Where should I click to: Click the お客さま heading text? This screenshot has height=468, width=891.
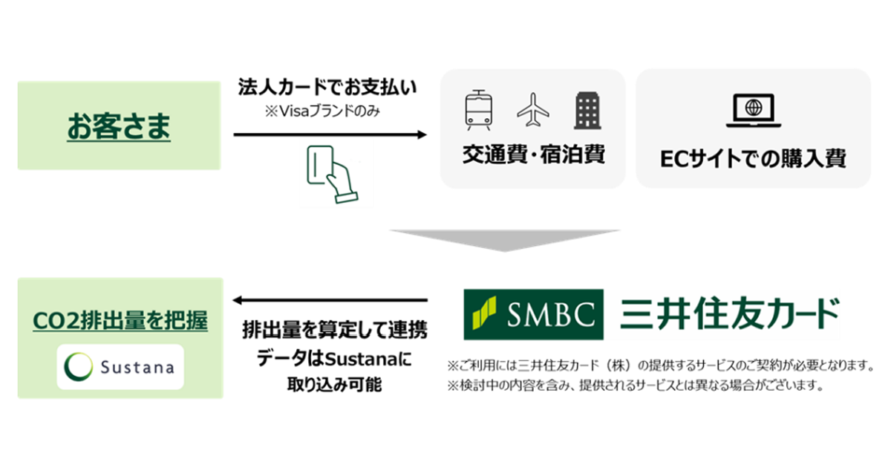(x=119, y=126)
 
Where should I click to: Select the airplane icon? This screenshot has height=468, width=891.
(x=533, y=110)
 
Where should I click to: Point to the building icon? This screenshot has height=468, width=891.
(x=587, y=110)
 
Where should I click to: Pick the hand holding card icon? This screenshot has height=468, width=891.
(x=328, y=174)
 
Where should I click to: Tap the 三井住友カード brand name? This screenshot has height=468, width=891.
(x=725, y=313)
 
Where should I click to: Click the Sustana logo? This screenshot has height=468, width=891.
(x=120, y=366)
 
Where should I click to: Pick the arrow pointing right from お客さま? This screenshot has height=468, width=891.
(x=330, y=135)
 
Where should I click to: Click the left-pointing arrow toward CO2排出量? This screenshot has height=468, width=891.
(x=330, y=301)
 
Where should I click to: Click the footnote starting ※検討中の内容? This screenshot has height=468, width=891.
(x=636, y=386)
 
